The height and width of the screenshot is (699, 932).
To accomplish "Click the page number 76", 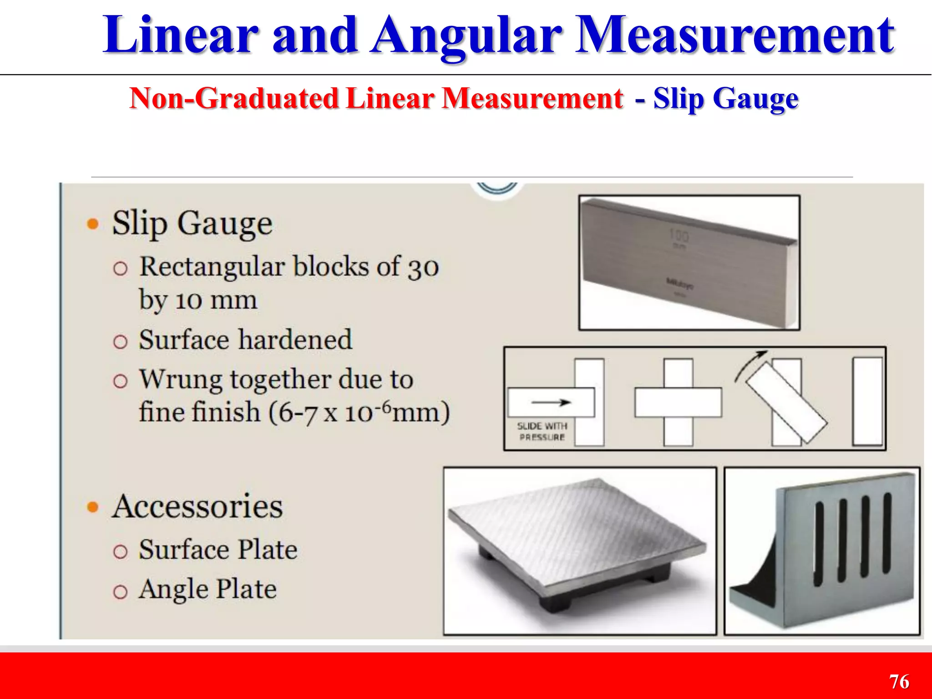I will click(899, 682).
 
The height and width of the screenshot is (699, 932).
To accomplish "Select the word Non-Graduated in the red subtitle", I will click(234, 98).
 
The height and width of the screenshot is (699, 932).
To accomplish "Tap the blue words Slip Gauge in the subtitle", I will click(725, 98).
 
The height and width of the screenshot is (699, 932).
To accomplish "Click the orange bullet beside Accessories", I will click(93, 507).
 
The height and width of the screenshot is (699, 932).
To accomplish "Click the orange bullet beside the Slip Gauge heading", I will click(93, 224).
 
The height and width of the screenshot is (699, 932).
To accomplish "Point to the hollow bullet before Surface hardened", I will click(120, 341).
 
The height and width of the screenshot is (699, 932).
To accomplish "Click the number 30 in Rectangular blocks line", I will click(423, 268).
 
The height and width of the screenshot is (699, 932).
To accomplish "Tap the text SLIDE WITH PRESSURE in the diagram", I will click(542, 431).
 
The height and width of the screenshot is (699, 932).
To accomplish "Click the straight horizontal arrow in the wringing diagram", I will click(551, 402).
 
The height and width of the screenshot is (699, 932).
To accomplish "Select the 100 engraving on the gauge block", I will click(679, 236).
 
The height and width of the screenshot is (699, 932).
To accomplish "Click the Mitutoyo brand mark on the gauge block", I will click(680, 284).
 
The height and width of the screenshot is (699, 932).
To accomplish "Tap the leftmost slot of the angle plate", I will click(820, 544).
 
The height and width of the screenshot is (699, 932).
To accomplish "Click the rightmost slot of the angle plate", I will click(887, 532).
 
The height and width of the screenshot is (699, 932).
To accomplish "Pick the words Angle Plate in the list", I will click(208, 589).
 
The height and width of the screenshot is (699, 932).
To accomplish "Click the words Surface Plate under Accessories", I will click(218, 549).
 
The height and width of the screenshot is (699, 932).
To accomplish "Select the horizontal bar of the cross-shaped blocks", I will click(678, 402).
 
